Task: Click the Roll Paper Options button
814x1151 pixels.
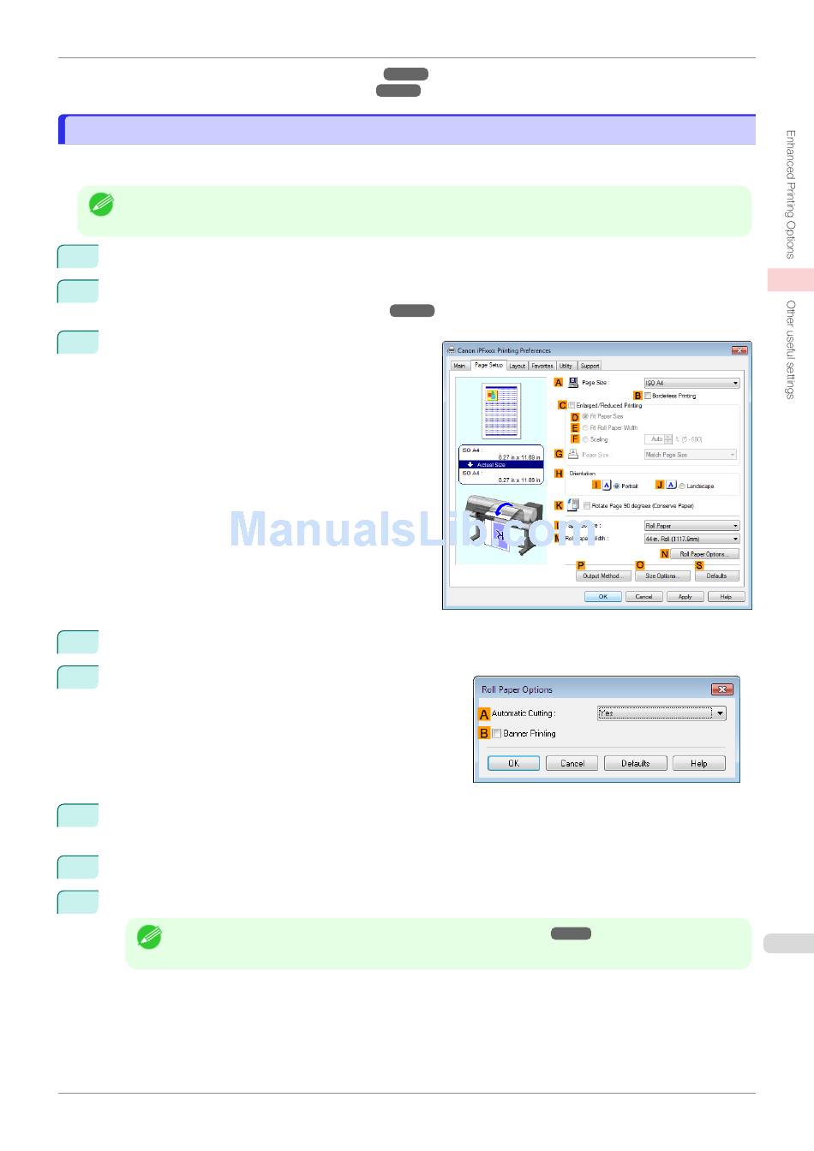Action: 703,554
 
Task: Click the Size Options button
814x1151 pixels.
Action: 661,576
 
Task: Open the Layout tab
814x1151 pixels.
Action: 518,366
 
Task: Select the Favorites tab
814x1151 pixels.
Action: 542,366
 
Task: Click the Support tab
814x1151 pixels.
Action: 590,366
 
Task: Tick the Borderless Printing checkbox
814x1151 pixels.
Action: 648,396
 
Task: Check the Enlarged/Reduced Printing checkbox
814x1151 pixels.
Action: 572,405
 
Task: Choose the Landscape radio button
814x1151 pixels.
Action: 682,486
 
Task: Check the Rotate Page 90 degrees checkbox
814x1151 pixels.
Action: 587,505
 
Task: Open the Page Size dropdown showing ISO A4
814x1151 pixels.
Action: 691,383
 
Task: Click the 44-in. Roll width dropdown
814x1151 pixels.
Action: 691,539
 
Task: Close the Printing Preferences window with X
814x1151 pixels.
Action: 740,350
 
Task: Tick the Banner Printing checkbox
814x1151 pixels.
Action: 497,734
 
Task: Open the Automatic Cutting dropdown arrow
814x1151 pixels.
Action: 720,713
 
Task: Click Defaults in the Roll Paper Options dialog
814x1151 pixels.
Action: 635,763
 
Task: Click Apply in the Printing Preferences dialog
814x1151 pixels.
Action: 685,597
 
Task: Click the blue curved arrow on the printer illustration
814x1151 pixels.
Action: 505,510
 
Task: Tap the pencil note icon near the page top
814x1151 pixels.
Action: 101,205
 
